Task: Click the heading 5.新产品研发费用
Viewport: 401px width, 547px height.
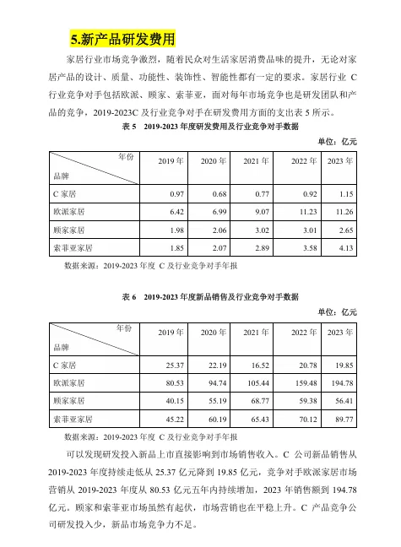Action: click(123, 39)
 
